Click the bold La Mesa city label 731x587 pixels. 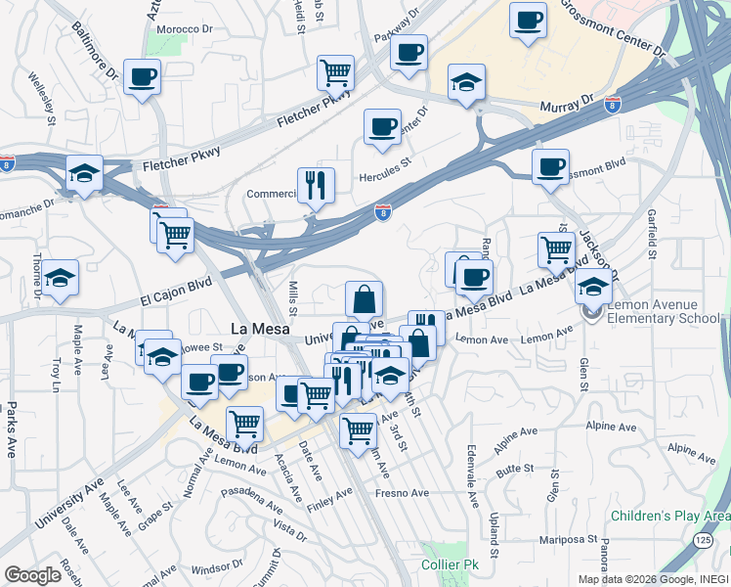point(259,330)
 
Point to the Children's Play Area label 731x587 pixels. point(670,516)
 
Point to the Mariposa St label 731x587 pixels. point(568,538)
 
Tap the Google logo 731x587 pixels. point(32,575)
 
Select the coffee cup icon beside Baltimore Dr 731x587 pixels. point(142,76)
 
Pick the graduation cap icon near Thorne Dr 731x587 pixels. point(60,278)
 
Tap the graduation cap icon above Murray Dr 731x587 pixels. point(466,82)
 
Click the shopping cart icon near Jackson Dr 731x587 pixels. point(556,248)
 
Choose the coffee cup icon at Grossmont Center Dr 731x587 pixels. point(528,20)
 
